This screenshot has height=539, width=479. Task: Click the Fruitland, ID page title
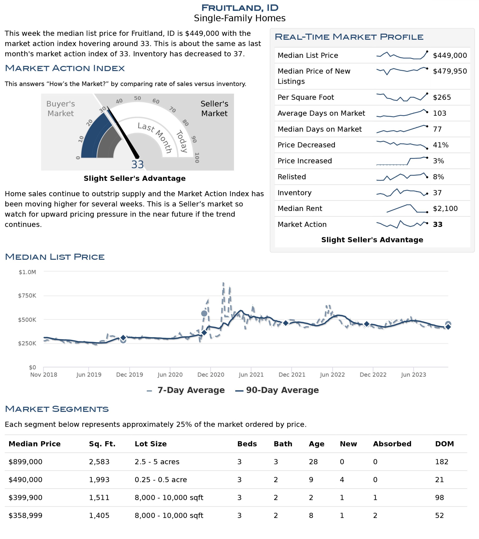coord(239,8)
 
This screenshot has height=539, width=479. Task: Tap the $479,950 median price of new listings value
coord(450,71)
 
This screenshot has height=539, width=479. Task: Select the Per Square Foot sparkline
coord(402,97)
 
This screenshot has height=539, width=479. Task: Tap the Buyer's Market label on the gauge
coord(61,108)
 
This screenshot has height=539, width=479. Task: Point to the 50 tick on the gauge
coord(137,98)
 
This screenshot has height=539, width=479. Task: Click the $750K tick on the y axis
coord(27,295)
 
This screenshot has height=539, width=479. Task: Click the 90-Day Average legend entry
coord(277,390)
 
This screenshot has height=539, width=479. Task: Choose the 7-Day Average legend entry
coord(186,390)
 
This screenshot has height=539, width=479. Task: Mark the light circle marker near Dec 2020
coord(204,313)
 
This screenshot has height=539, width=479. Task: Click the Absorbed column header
coord(392,444)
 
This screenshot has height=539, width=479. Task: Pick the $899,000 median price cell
coord(25,462)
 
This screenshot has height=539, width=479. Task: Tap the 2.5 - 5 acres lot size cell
coord(157,462)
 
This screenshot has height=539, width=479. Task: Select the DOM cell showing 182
coord(442,462)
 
